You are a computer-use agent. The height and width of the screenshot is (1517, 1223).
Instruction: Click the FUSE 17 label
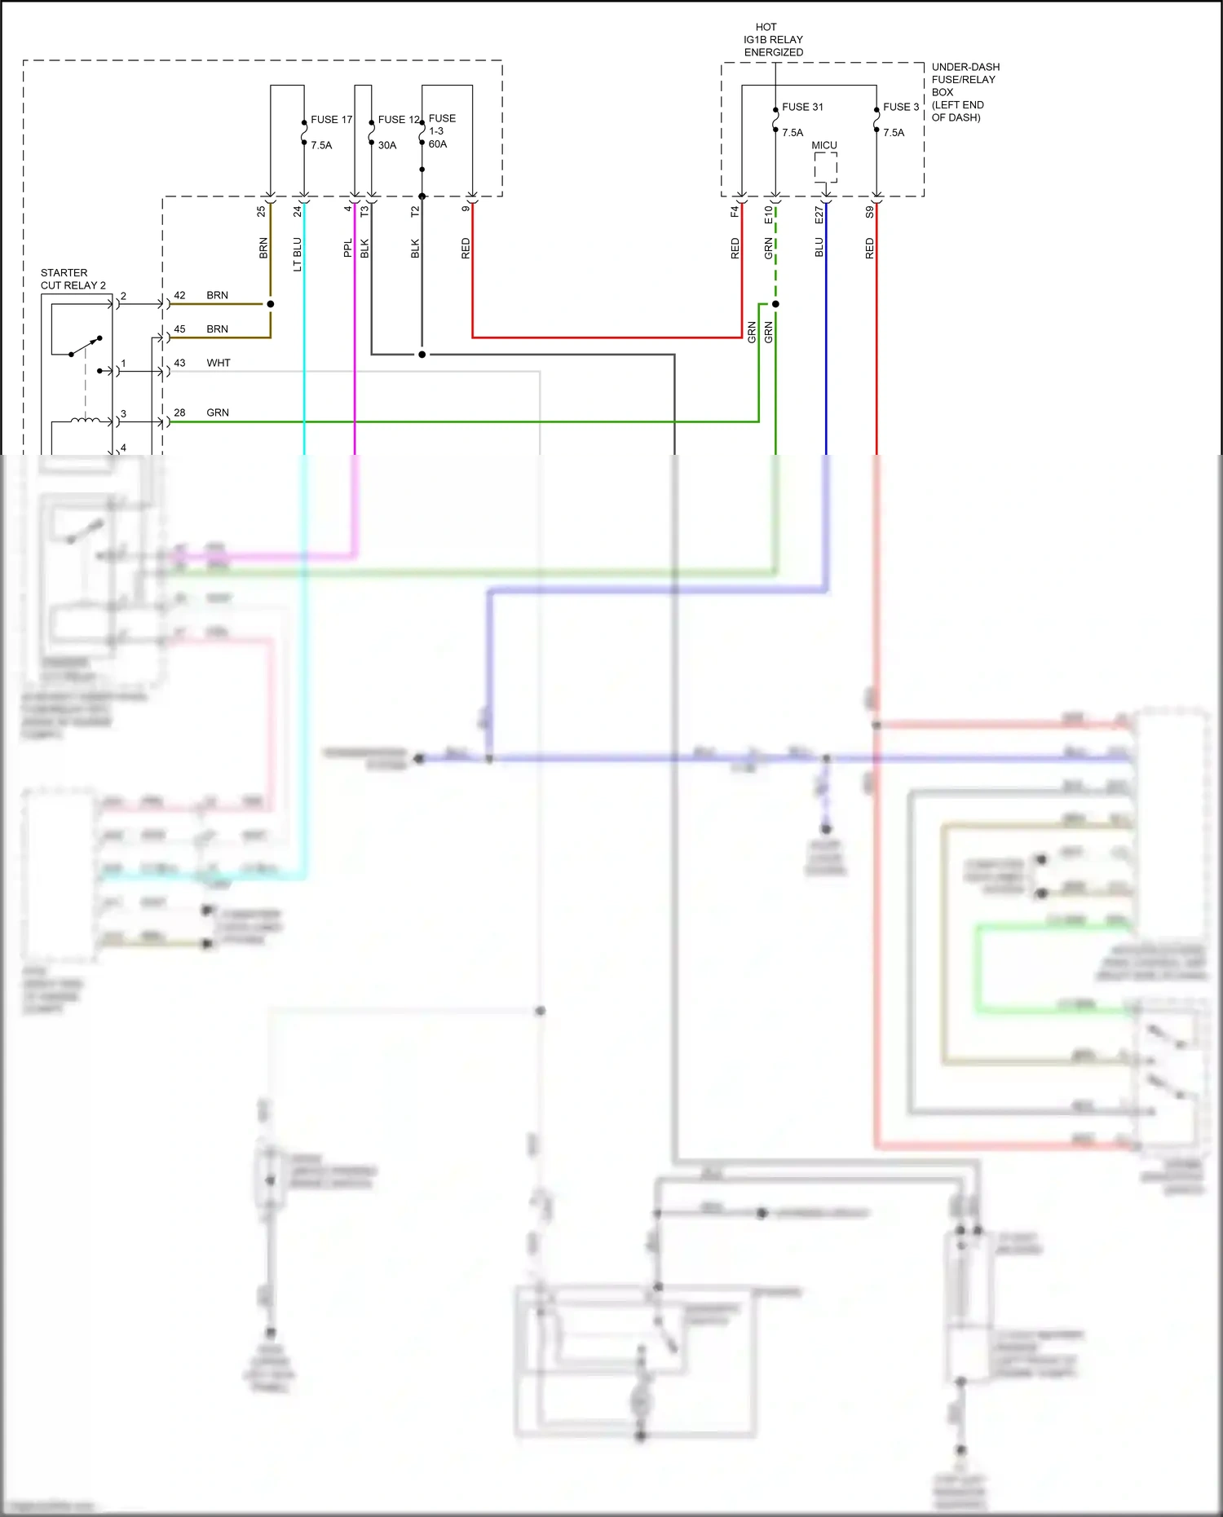331,120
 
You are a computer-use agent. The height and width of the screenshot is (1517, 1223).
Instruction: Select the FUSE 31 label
802,107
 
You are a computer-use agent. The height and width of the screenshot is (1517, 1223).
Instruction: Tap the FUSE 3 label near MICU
900,107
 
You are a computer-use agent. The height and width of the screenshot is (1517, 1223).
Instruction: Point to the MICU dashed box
825,167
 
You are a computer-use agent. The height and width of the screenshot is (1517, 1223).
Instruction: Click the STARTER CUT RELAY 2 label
73,279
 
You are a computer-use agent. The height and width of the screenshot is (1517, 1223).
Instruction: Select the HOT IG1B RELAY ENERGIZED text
772,39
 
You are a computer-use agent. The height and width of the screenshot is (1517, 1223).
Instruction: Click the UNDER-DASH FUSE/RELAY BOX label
965,91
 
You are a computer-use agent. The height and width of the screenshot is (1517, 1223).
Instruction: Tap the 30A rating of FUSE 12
387,145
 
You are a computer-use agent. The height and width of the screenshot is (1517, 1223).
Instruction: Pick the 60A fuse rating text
438,144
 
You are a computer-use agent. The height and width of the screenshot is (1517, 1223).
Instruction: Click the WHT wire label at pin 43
219,363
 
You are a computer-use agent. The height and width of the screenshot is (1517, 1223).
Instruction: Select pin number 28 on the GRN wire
179,412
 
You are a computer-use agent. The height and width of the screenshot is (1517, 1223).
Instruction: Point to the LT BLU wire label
298,254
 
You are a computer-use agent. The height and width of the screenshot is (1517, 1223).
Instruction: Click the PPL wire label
348,248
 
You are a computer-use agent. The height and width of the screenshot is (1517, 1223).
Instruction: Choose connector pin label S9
870,211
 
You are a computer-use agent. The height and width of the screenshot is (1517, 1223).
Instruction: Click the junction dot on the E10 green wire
775,304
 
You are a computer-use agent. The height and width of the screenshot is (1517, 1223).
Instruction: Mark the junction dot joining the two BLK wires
422,355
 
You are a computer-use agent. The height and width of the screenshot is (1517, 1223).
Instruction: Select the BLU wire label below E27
819,247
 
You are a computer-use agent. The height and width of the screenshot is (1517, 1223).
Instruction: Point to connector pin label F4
735,211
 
